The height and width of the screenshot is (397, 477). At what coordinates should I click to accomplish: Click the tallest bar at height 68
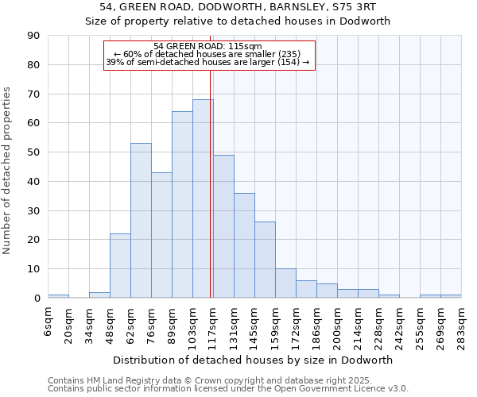(203, 198)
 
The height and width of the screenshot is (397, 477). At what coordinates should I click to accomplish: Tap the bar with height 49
(223, 226)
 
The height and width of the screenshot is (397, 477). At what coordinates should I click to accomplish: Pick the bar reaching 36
(244, 245)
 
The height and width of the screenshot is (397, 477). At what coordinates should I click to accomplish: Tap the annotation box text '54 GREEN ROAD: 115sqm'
(210, 46)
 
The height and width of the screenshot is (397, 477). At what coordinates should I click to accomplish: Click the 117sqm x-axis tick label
(214, 326)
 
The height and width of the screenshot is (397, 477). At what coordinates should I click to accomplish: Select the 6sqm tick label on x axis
(48, 322)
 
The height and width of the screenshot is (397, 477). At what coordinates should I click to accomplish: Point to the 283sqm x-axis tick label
(462, 326)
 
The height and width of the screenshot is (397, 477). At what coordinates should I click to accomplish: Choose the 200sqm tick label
(338, 326)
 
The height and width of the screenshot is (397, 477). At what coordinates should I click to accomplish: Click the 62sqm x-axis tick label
(131, 324)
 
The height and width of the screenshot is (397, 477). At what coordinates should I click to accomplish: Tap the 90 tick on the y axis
(34, 36)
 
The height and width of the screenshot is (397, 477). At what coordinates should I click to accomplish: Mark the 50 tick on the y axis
(34, 152)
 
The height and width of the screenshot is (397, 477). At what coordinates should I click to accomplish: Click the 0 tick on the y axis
(37, 298)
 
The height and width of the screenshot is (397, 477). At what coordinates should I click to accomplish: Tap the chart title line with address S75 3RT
(238, 6)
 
